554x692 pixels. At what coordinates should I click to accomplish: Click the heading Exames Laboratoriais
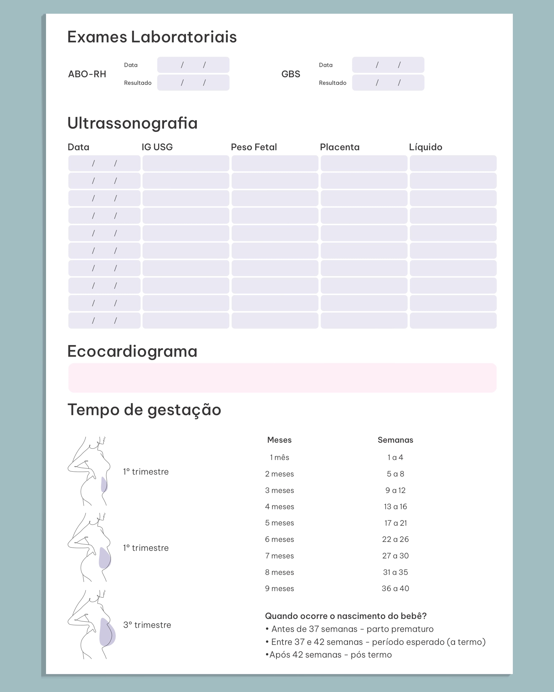click(x=152, y=37)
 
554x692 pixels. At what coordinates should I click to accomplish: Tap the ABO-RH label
click(x=87, y=74)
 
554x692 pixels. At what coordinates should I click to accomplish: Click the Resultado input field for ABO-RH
click(x=193, y=83)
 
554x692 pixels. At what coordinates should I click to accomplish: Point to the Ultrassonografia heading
click(x=132, y=123)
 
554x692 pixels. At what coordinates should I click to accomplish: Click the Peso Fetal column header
click(x=253, y=147)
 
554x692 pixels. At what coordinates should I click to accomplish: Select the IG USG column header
click(x=157, y=147)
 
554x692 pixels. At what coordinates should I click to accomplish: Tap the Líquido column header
click(x=425, y=147)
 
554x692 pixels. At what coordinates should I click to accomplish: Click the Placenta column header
click(x=340, y=147)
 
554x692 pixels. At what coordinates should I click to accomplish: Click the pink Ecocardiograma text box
click(x=282, y=378)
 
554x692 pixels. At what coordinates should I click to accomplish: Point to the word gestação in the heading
click(x=184, y=410)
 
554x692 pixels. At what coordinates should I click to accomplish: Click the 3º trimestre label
click(x=147, y=625)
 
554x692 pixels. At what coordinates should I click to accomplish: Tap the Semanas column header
click(x=395, y=440)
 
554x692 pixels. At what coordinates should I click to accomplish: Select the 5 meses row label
click(x=279, y=523)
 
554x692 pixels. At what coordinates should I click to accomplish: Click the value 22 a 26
click(x=395, y=539)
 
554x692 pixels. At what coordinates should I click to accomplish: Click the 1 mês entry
click(x=279, y=457)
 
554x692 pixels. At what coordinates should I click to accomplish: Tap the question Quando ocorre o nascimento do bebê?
click(x=346, y=616)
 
